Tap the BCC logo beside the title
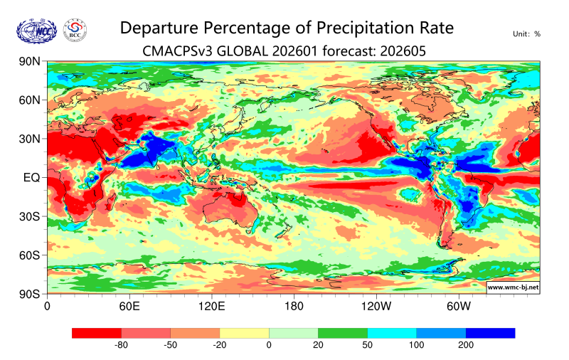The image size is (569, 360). (x=75, y=30)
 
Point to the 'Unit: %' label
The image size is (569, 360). (x=526, y=33)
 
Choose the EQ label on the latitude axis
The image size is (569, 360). (x=31, y=177)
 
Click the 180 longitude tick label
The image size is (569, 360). (x=294, y=307)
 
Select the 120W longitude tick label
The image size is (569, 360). (x=376, y=307)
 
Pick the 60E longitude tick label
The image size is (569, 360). (x=129, y=307)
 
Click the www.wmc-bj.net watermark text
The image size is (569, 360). (x=512, y=287)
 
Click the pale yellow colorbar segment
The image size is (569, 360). (x=244, y=333)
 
